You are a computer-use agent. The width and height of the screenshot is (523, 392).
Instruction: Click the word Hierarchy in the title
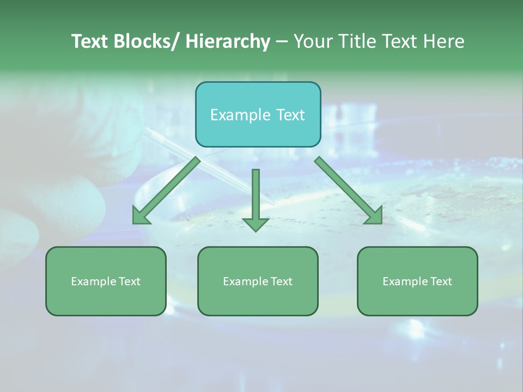click(227, 41)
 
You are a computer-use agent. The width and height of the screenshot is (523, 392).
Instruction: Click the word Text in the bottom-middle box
click(281, 281)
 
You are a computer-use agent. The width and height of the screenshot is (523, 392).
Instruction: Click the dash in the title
click(282, 42)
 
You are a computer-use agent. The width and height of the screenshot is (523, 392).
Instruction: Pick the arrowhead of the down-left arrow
click(141, 216)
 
